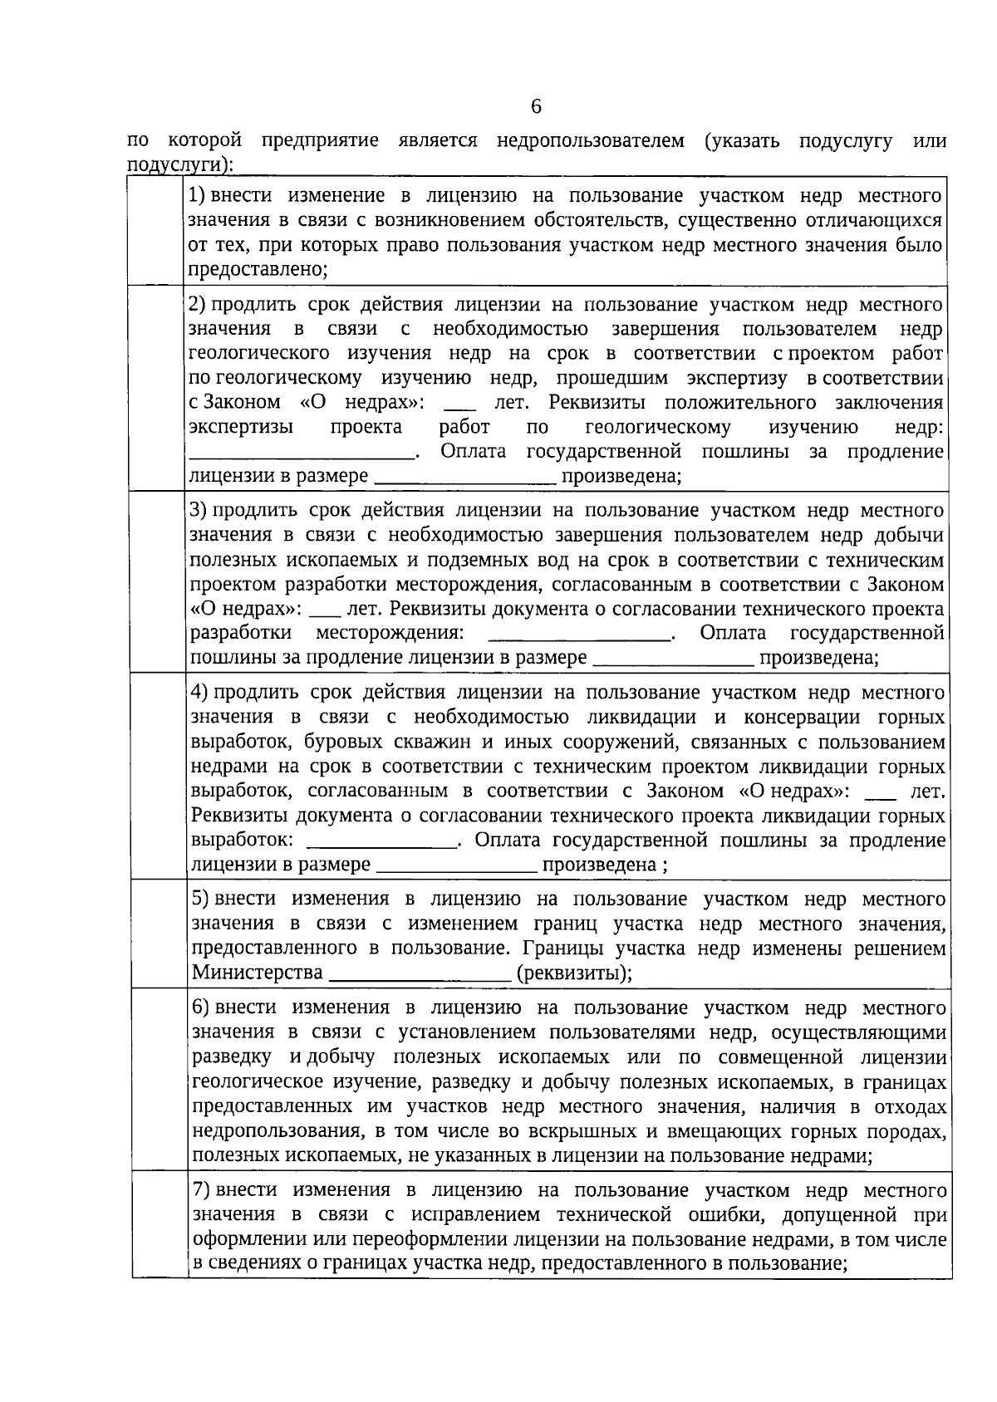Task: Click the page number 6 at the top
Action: coord(535,106)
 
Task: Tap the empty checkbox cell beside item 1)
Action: coord(157,231)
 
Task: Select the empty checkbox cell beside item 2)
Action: coord(157,388)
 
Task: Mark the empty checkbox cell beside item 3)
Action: coord(158,581)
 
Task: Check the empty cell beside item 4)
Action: coord(159,776)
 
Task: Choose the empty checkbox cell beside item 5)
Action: coord(159,934)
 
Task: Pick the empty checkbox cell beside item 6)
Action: coord(159,1079)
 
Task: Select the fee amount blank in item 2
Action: coord(465,478)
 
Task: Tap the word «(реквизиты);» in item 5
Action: coord(574,973)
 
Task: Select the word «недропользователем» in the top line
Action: coord(590,141)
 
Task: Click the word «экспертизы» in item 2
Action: coord(241,428)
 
